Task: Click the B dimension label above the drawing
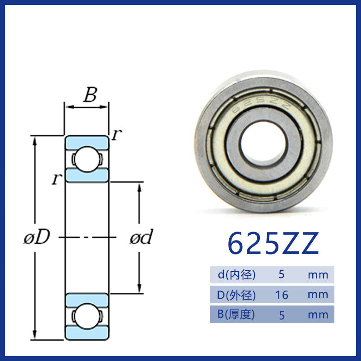(x=90, y=95)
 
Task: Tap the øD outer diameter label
(x=37, y=237)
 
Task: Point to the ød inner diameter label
(x=141, y=236)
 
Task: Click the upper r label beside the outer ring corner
(x=116, y=134)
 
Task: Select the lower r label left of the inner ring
(x=57, y=179)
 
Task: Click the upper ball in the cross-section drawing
(x=87, y=159)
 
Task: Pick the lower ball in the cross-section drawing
(x=87, y=316)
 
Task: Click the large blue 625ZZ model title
(x=273, y=244)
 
